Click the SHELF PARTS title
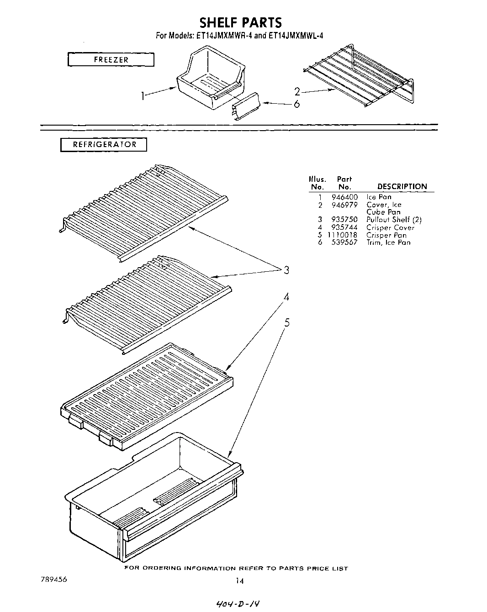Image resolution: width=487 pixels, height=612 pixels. [x=241, y=22]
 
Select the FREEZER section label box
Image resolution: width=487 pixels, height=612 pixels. [x=111, y=60]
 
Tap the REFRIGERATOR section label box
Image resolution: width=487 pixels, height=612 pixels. [x=104, y=145]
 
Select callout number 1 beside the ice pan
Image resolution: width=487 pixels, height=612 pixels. [x=143, y=96]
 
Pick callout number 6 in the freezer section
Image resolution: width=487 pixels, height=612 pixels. [x=296, y=104]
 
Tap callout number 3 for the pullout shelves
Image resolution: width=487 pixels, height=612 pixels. [x=286, y=270]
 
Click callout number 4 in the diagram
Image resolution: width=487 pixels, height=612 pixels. [x=286, y=297]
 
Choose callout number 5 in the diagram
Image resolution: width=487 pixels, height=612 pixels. [x=286, y=323]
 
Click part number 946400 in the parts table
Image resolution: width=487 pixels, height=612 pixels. [x=344, y=197]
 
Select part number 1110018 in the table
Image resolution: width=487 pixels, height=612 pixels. [x=342, y=235]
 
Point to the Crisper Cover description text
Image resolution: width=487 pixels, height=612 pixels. [x=390, y=227]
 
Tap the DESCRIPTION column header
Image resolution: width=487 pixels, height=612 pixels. [x=402, y=186]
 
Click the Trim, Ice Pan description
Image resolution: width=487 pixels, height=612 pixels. [x=388, y=243]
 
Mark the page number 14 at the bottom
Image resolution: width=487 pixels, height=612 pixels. [x=239, y=581]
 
